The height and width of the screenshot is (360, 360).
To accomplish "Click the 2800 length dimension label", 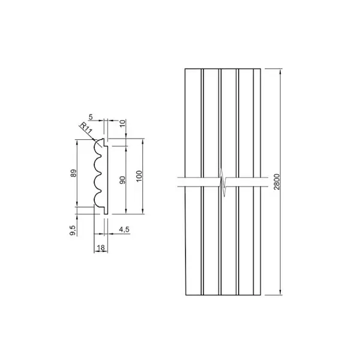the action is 277,182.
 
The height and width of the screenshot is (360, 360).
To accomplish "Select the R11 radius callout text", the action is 86,128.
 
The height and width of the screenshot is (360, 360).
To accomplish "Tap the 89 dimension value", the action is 73,173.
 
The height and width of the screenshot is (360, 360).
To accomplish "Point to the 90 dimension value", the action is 123,180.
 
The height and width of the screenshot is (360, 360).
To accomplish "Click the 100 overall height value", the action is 139,176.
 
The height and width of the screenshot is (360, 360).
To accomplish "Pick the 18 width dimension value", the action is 101,247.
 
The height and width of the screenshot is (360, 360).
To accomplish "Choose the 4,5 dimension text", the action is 124,229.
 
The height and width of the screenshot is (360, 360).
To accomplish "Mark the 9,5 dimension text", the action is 73,230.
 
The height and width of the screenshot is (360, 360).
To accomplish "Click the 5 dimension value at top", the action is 91,117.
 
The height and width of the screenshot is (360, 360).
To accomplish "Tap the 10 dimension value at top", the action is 123,123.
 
